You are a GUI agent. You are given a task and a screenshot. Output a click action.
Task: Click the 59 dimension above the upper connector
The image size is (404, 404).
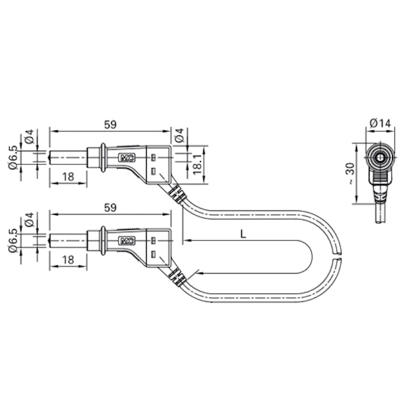[x=110, y=125]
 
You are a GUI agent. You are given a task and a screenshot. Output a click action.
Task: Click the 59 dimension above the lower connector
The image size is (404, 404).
[x=110, y=207]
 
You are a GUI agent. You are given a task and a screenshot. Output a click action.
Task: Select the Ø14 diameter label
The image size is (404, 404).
[x=380, y=122]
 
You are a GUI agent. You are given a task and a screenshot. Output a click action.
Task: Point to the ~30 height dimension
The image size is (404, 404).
[x=350, y=173]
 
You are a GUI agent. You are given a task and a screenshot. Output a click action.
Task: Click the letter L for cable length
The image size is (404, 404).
[x=243, y=233]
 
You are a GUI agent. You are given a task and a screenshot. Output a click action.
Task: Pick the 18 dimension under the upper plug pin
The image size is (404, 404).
[x=68, y=177]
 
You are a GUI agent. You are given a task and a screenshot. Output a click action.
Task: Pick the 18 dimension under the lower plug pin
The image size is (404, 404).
[x=68, y=260]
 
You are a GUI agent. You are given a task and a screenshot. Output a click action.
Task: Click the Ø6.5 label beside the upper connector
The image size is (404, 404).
[x=13, y=157]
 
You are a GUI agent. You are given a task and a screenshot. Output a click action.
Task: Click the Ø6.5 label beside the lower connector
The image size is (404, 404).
[x=13, y=240]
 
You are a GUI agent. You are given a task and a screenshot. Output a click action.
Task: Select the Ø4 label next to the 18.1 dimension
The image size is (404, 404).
[x=178, y=136]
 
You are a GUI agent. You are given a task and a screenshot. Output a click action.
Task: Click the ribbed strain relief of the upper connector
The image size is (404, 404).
[x=176, y=193]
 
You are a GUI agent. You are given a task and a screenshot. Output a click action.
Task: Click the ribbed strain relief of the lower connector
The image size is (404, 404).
[x=176, y=276]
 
